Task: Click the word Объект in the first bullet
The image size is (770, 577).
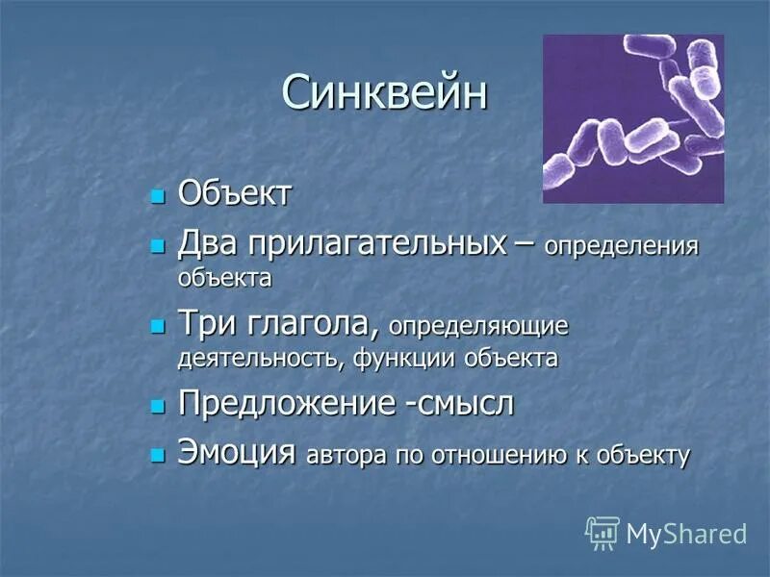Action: coord(235,194)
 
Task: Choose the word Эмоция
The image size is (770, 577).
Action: coord(236,452)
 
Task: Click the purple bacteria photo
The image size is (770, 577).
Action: coord(633,119)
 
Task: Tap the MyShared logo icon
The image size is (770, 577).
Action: coord(603,532)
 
